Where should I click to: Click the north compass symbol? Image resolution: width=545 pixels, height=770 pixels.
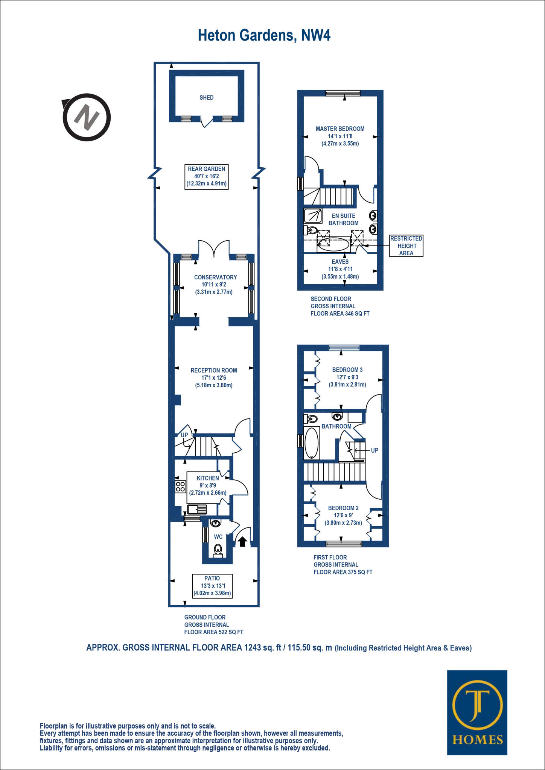coord(87,117)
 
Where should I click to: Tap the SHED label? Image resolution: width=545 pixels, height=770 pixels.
coord(206,98)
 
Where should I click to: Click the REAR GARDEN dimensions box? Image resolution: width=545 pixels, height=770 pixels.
coord(206,176)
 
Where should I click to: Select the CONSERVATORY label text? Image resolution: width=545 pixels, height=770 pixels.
coord(215,277)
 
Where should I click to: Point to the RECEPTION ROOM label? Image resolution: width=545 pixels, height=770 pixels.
coord(213,370)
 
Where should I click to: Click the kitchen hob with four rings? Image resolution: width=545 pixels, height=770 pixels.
coord(180,487)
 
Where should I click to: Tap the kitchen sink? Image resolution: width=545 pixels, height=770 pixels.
coord(197,509)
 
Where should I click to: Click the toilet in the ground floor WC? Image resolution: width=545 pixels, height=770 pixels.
coord(218,550)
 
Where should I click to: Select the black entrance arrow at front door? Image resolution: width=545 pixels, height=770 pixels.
coord(242,541)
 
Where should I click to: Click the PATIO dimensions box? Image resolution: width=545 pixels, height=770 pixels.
coord(212,586)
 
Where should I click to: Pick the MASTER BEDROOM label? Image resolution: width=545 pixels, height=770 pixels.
coord(340,129)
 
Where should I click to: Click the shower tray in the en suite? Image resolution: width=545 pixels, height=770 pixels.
coord(313,216)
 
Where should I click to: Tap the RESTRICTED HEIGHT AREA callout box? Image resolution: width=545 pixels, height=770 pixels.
coord(406,246)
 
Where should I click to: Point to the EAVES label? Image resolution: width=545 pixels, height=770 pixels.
coord(340,262)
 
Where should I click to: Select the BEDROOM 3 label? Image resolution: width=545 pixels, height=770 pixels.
coord(347,370)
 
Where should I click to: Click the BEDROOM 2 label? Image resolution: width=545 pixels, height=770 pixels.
coord(343,508)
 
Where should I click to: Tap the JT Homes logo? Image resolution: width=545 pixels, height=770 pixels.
coord(477,712)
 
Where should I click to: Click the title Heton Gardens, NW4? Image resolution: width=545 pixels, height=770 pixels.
coord(264,36)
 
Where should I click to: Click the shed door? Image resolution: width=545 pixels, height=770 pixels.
coord(206,123)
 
